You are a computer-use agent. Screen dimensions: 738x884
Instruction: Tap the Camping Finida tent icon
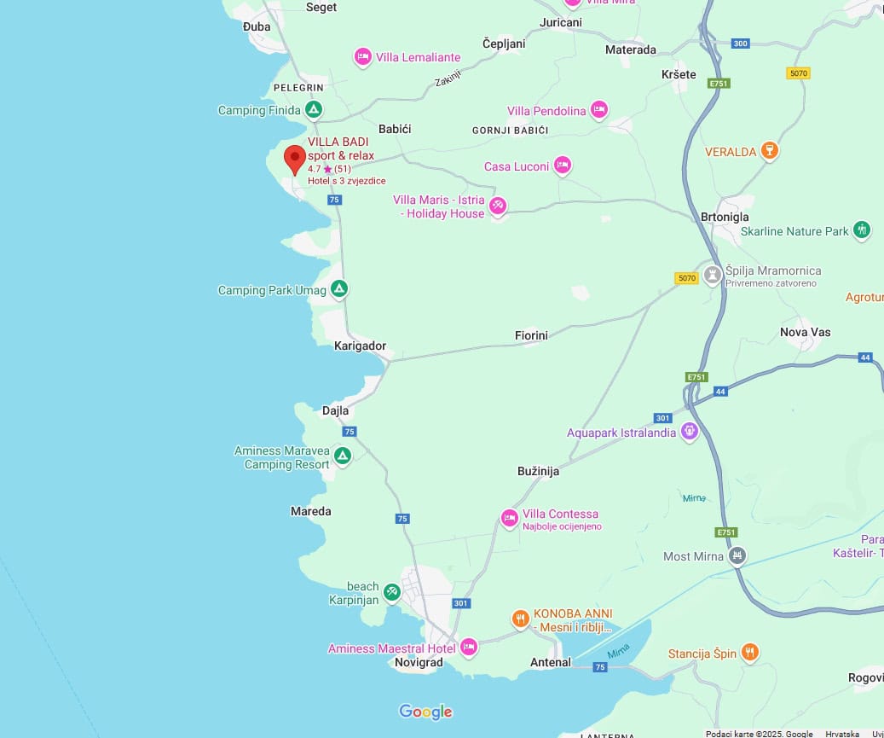coord(314,110)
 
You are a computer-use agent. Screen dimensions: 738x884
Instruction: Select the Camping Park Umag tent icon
coord(339,289)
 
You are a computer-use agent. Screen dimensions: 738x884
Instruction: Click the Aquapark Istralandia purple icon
coord(690,433)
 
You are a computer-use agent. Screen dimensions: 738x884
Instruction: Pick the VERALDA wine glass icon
coord(770,151)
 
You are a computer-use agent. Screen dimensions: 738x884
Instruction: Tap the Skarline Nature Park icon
coord(862,230)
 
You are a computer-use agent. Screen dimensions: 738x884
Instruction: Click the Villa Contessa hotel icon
coord(510,518)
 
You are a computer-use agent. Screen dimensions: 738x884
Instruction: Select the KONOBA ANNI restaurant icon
coord(520,619)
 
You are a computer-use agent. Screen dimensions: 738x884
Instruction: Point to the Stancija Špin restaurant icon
coord(749,653)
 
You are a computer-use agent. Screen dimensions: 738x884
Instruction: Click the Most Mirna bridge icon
coord(738,556)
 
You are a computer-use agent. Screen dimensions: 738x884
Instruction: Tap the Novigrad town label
coord(419,663)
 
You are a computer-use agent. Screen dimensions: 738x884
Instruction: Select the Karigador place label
coord(360,346)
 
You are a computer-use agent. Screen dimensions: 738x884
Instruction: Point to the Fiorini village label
coord(531,335)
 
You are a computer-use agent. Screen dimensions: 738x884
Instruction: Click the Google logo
coord(425,712)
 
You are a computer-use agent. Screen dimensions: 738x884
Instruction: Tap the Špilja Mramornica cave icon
coord(713,275)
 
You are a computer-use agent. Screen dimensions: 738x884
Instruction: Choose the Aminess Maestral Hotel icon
coord(468,648)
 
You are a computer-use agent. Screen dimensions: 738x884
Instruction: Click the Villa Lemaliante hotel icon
coord(362,57)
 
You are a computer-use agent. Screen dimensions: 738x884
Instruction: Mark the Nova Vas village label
coord(805,332)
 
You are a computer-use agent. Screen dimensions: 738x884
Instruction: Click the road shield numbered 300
coord(740,44)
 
